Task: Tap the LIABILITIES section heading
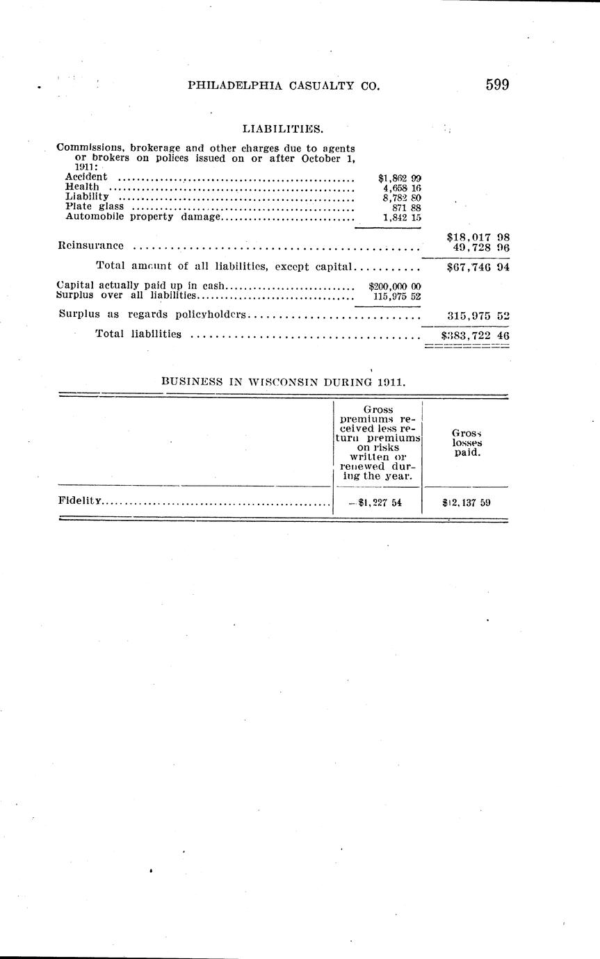pos(283,129)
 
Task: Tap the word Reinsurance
pos(91,245)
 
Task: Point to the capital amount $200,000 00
pos(394,286)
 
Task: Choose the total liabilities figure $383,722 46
pos(476,334)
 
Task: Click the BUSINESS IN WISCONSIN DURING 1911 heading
pos(284,381)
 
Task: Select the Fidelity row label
pos(81,500)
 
